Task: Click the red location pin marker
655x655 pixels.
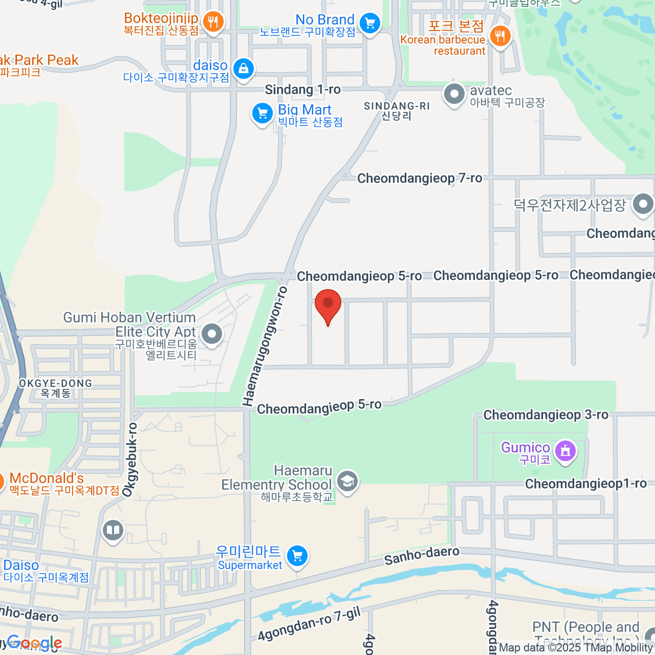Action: pyautogui.click(x=328, y=305)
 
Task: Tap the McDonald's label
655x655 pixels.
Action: pyautogui.click(x=47, y=479)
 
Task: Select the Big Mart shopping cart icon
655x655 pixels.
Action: pyautogui.click(x=262, y=114)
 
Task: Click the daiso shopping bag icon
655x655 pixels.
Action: pyautogui.click(x=243, y=69)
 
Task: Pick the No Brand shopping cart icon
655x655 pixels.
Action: pyautogui.click(x=370, y=23)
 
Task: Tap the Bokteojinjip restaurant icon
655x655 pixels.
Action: pyautogui.click(x=212, y=22)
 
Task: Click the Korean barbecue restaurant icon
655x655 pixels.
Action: pyautogui.click(x=499, y=37)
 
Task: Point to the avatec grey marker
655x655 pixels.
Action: pyautogui.click(x=454, y=94)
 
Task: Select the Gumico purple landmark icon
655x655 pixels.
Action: pyautogui.click(x=565, y=451)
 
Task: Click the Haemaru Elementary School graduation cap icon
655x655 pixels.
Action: pyautogui.click(x=347, y=481)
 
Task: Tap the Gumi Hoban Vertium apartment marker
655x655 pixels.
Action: pyautogui.click(x=211, y=333)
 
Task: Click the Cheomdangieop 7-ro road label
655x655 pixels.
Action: pyautogui.click(x=419, y=178)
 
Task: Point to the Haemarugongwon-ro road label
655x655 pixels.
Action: pyautogui.click(x=265, y=347)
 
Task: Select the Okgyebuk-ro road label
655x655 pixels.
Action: pyautogui.click(x=130, y=460)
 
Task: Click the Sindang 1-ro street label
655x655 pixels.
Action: pyautogui.click(x=302, y=90)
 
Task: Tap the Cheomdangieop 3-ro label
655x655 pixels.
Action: pyautogui.click(x=545, y=415)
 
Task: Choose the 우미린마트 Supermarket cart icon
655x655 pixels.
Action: pyautogui.click(x=297, y=556)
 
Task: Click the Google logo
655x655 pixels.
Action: pyautogui.click(x=34, y=643)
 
